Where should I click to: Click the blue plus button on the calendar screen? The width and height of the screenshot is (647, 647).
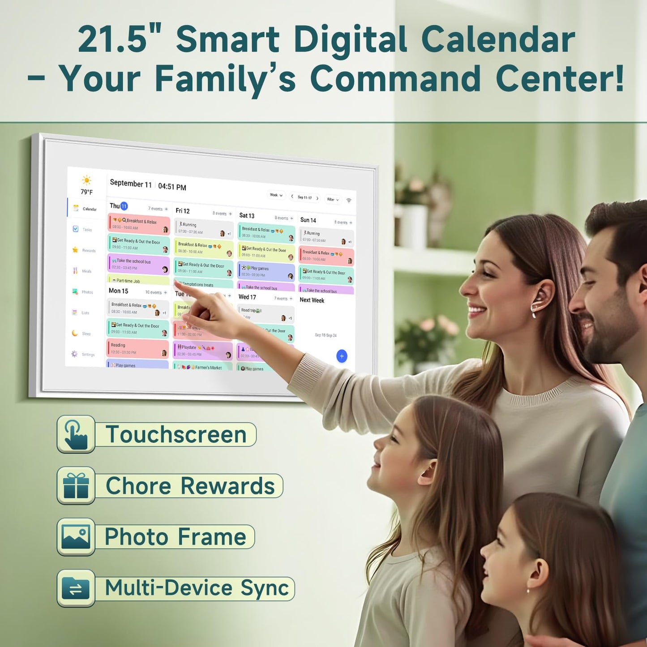(342, 356)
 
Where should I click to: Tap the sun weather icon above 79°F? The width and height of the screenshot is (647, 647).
(86, 180)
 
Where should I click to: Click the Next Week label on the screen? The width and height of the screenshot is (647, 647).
(312, 300)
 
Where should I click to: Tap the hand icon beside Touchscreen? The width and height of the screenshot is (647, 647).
(76, 434)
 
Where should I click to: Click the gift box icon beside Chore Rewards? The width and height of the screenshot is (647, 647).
(76, 486)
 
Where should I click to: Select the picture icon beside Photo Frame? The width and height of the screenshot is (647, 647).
(76, 537)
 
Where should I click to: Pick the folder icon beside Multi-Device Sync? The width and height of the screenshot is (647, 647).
(76, 588)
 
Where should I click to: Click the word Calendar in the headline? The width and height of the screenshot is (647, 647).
(498, 39)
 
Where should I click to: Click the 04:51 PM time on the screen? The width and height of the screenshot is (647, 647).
(172, 187)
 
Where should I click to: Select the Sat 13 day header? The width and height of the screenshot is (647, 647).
(247, 215)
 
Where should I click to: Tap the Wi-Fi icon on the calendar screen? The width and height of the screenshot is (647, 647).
(349, 201)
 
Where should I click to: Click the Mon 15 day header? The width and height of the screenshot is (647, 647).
(119, 291)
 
